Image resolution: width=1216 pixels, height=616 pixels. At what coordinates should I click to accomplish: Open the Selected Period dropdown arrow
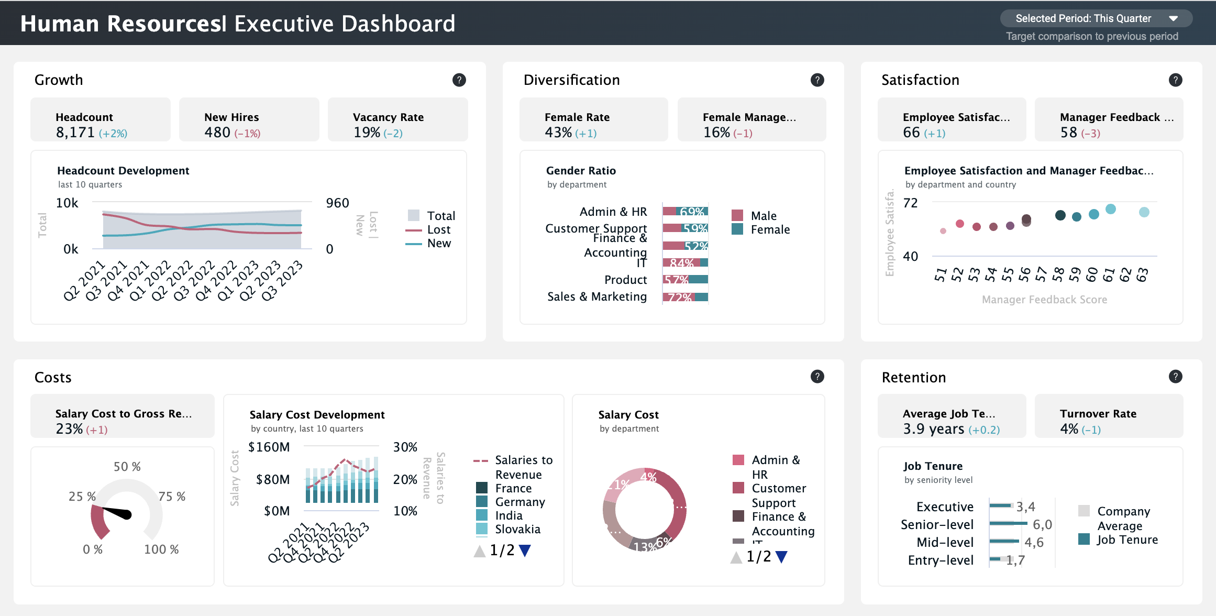(1173, 19)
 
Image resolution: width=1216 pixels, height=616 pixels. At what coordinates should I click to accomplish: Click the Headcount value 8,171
(75, 133)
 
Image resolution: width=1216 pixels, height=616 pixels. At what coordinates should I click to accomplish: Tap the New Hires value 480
(217, 133)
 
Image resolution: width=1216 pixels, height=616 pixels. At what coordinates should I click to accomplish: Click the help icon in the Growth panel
(459, 80)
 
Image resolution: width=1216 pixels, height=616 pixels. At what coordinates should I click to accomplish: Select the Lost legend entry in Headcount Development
(438, 230)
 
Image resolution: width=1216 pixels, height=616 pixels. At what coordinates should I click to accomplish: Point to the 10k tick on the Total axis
(67, 203)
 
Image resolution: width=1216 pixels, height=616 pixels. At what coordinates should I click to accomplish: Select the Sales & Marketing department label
(596, 297)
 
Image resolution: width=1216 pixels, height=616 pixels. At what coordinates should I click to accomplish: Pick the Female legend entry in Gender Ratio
(769, 230)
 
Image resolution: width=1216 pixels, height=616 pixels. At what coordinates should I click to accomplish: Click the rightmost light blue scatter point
(1144, 212)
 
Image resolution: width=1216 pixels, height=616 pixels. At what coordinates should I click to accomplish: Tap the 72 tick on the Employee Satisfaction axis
(910, 203)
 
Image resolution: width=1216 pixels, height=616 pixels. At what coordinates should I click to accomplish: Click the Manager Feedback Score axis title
(1044, 300)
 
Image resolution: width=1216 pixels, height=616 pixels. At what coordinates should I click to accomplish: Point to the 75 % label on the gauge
(172, 497)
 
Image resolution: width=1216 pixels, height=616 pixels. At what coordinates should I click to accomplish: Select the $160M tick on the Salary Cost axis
(269, 447)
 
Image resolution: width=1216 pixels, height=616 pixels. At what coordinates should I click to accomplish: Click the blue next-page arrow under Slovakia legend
(524, 551)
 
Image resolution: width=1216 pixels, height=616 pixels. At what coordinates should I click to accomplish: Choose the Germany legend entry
(519, 502)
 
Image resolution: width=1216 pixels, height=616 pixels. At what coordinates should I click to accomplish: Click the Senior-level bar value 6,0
(1042, 525)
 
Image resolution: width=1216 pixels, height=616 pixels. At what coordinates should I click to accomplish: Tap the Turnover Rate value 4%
(1068, 430)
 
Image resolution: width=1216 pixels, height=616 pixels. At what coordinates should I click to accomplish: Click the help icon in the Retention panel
(1175, 377)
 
